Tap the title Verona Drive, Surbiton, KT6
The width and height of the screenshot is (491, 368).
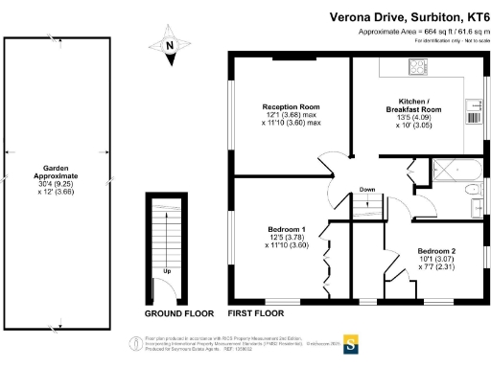(x=409, y=16)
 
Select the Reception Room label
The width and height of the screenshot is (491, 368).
(x=292, y=106)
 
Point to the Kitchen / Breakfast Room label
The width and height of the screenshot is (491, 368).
(x=420, y=104)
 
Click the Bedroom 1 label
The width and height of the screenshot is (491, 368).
(x=285, y=229)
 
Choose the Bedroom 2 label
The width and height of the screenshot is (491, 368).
(x=435, y=251)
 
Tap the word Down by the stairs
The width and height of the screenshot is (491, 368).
(x=367, y=190)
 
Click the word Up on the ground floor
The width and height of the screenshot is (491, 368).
(x=168, y=271)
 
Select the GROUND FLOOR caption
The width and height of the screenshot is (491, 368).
(x=178, y=313)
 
